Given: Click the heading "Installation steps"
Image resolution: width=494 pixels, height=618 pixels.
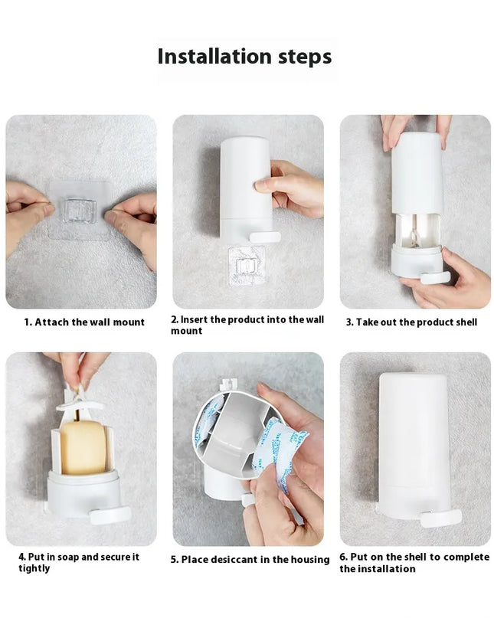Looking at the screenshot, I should [x=244, y=57].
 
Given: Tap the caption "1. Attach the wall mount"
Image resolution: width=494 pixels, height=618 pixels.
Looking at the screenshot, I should [x=83, y=322].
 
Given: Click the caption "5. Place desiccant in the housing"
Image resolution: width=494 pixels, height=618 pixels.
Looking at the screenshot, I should [x=250, y=560].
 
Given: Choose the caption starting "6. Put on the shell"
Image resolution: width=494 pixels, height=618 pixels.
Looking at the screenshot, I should [x=414, y=562].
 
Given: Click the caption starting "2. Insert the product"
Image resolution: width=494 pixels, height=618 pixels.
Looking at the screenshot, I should [x=247, y=325].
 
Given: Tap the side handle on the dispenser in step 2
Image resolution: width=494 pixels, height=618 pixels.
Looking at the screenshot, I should [x=264, y=237].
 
